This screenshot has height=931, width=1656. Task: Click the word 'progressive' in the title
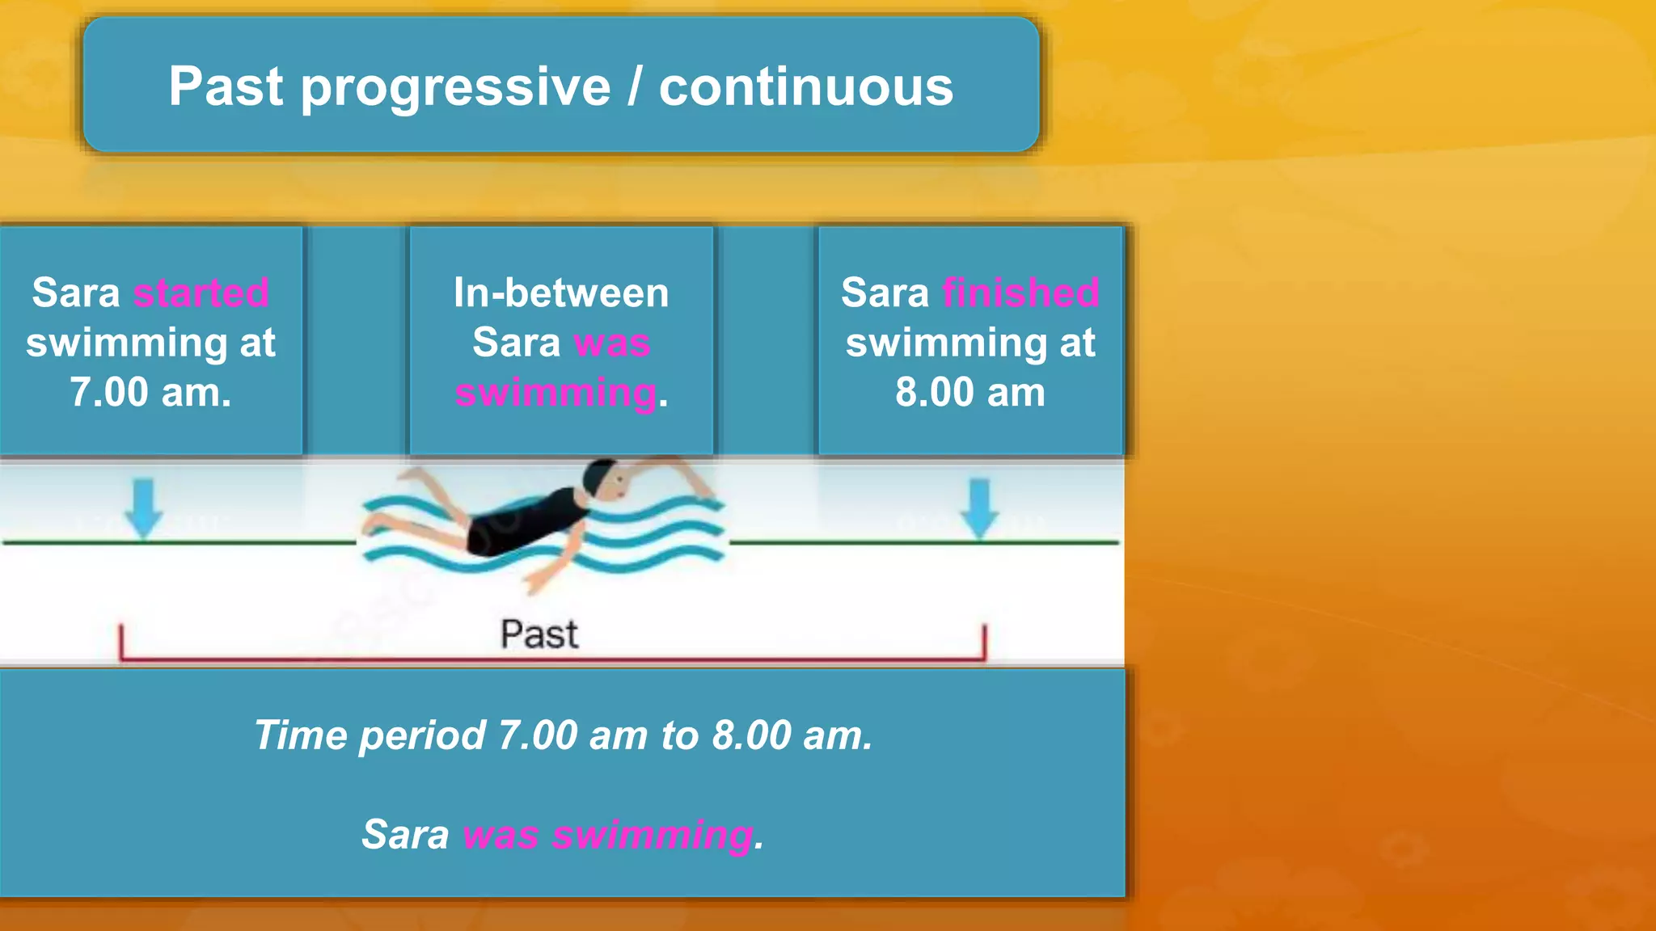[455, 87]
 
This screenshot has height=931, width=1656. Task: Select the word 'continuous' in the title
[805, 87]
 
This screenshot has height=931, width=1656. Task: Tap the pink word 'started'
[201, 293]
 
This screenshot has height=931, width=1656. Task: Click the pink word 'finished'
[1020, 293]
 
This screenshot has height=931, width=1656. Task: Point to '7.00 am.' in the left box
[150, 393]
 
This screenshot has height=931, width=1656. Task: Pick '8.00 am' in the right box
[970, 393]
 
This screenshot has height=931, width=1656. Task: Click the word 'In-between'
[561, 293]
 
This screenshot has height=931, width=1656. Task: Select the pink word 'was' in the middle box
[612, 343]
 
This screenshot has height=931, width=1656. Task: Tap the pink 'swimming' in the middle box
[556, 394]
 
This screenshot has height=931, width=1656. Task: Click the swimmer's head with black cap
[605, 480]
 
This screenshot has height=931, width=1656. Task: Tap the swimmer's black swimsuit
[526, 521]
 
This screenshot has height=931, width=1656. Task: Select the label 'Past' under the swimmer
[539, 634]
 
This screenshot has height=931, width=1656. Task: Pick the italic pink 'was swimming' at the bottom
[608, 835]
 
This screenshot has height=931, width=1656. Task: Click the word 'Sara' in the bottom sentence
[405, 835]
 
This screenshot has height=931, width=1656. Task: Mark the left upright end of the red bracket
[121, 642]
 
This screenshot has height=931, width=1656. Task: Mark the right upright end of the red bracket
[984, 642]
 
